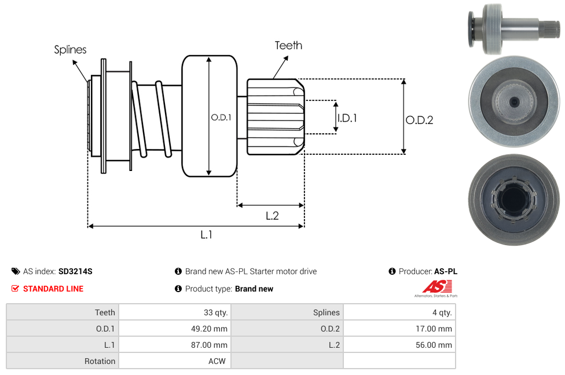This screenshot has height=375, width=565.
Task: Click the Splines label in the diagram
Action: coord(70,50)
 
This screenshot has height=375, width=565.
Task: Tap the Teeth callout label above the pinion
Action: coord(288,45)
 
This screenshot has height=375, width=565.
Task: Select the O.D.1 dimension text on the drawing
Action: coord(221,117)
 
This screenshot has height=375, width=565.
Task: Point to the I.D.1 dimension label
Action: coord(347,118)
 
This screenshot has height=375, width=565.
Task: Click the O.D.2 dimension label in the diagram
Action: coord(419,120)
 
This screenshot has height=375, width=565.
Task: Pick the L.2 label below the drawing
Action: coord(272,216)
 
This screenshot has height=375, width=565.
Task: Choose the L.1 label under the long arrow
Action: coord(207,235)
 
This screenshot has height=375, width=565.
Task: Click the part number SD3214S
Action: coord(75,271)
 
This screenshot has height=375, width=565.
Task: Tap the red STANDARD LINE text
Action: coord(53,289)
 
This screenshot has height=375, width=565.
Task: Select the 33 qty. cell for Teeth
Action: coord(215,312)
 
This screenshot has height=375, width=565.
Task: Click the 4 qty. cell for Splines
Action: coord(441,312)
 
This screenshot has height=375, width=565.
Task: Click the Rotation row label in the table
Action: coord(100,361)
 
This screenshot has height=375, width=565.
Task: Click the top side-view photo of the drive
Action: coord(513,28)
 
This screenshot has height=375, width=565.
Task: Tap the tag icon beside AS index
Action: coord(16,271)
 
